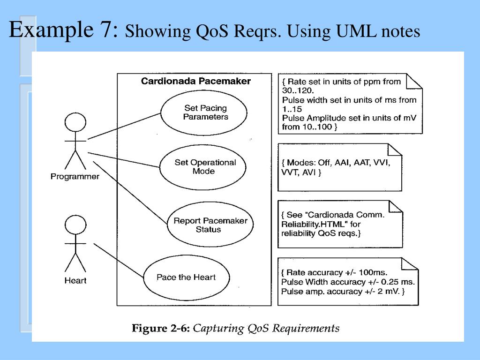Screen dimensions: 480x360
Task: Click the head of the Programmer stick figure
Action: click(75, 122)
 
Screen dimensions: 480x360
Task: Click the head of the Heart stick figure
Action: click(75, 225)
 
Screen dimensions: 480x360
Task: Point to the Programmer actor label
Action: click(75, 177)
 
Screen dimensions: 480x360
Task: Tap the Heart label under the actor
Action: click(75, 280)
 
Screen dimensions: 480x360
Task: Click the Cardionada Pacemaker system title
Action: click(196, 81)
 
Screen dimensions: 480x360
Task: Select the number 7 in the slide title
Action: click(106, 30)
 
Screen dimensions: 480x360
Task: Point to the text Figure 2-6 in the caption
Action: click(161, 328)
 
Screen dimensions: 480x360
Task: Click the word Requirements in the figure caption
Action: click(306, 328)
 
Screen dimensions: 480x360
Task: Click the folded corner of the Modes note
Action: click(395, 150)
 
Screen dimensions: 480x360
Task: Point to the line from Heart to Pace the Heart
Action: click(119, 261)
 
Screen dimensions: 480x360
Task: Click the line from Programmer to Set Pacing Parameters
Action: click(124, 126)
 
